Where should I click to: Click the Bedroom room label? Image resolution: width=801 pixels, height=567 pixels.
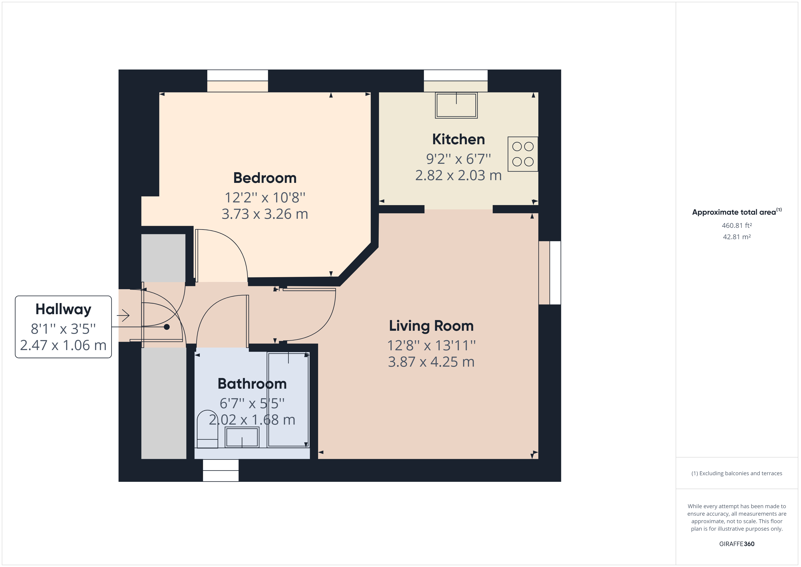tap(265, 178)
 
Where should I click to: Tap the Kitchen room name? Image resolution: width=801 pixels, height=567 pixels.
tap(458, 139)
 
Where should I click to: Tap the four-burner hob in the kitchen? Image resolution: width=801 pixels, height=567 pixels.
tap(523, 154)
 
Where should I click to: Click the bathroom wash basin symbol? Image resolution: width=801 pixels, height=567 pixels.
tap(242, 437)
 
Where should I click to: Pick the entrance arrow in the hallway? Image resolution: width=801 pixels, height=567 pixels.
tap(123, 316)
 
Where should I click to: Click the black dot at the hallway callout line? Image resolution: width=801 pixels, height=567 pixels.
tap(167, 327)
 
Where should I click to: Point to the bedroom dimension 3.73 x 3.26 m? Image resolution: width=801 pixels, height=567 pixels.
tap(265, 214)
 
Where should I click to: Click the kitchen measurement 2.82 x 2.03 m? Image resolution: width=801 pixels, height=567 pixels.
tap(458, 175)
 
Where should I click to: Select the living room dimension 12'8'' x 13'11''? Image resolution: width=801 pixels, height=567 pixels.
tap(431, 346)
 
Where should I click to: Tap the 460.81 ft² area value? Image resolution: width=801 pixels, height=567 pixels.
tap(737, 226)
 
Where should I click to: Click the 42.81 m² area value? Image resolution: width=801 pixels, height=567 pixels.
tap(737, 237)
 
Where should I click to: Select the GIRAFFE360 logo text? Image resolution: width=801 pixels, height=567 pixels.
tap(737, 544)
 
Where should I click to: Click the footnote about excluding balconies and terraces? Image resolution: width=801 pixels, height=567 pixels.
tap(737, 473)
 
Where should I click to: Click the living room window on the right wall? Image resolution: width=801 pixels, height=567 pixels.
tap(555, 273)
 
